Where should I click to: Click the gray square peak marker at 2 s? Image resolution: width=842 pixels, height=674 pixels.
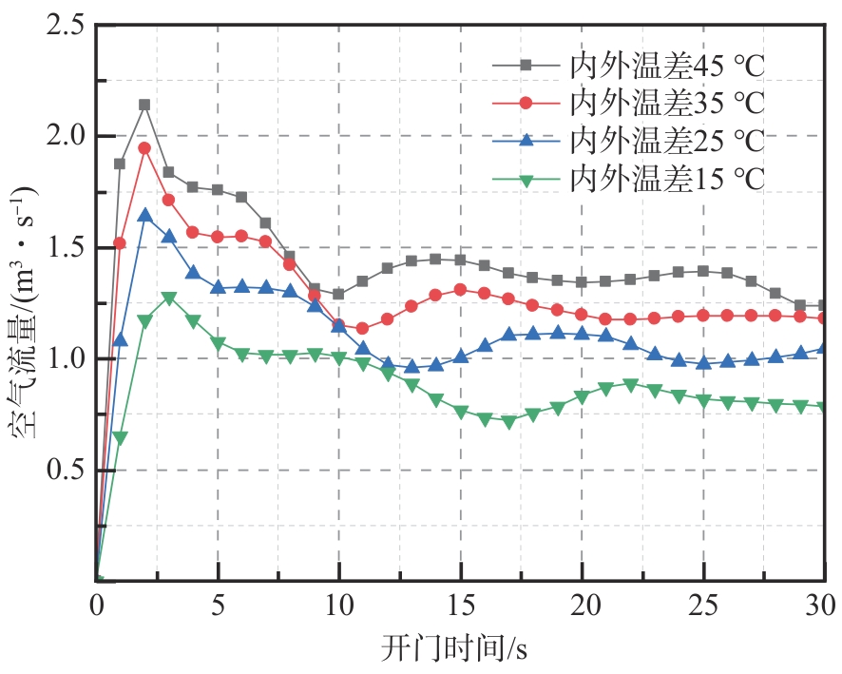pos(144,105)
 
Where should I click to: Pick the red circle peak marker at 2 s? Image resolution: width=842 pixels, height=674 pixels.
pos(144,148)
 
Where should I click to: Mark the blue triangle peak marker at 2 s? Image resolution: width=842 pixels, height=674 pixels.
pos(144,215)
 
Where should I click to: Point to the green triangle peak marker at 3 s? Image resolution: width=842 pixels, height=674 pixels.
pos(169,298)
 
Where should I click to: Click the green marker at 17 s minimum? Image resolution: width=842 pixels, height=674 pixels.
pos(508,422)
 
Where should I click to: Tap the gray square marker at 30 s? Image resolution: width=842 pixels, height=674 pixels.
pos(823,305)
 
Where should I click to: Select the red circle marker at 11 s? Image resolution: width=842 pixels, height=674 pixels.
pos(362,328)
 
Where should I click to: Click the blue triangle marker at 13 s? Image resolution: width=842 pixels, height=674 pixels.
pos(411,366)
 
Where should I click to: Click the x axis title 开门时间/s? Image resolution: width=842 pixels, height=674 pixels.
pos(460,648)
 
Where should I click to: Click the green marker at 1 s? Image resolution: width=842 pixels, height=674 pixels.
pos(121,438)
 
